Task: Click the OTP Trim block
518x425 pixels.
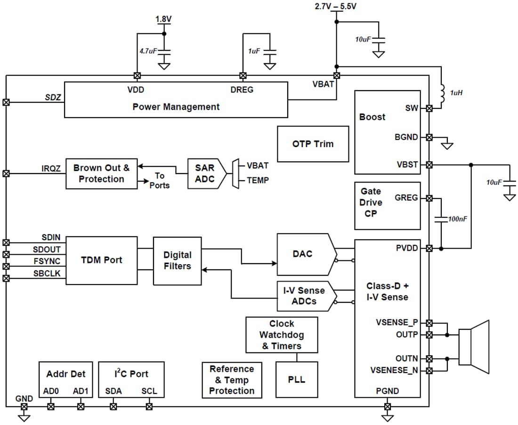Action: [x=313, y=144]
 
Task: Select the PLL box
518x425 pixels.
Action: [x=296, y=379]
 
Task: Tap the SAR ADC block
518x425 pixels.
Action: [x=204, y=174]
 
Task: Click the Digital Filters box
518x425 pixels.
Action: [x=177, y=260]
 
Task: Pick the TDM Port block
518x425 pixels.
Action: [x=101, y=260]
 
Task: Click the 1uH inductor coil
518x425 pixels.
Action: [x=443, y=93]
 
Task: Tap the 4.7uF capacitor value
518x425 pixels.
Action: [x=148, y=50]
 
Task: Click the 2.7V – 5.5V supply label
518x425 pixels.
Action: [x=336, y=7]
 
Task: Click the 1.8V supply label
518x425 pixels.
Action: [x=163, y=19]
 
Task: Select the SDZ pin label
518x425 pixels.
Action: [x=53, y=97]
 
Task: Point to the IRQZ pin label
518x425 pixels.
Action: [x=51, y=168]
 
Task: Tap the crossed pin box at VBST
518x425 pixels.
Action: [x=429, y=165]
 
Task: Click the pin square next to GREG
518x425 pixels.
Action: [x=429, y=198]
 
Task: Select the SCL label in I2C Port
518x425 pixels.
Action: [x=149, y=392]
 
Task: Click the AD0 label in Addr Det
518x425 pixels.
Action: [x=51, y=392]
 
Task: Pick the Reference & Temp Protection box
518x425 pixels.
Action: [x=232, y=380]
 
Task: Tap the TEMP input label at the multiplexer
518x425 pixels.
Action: [x=258, y=180]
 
